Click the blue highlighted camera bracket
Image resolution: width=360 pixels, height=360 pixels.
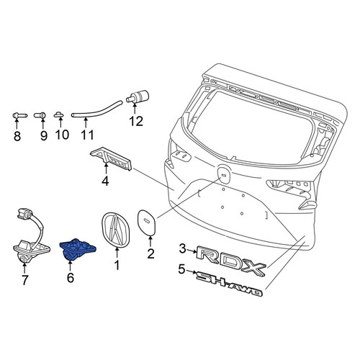(77, 249)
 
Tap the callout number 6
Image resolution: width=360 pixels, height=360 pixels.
(71, 278)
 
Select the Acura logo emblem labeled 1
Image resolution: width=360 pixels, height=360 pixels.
(115, 230)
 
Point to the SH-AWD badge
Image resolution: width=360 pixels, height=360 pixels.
(229, 284)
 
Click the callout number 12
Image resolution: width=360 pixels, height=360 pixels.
(136, 121)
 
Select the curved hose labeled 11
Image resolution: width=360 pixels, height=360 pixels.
(97, 109)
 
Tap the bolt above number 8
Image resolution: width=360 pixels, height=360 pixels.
(19, 116)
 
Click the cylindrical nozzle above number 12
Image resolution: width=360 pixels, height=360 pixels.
(138, 96)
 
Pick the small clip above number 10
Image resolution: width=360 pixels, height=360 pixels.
(58, 114)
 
